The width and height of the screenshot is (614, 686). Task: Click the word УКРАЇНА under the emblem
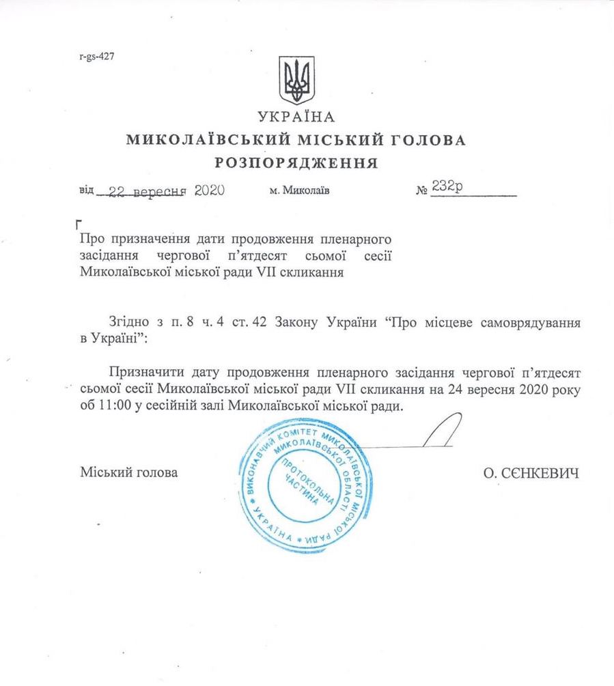pos(296,117)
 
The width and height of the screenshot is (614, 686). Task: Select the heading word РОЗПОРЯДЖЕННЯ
pos(296,163)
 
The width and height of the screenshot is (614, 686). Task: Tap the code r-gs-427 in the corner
pos(96,57)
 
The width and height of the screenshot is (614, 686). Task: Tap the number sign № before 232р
pos(421,192)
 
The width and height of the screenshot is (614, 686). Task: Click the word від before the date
pos(87,192)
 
